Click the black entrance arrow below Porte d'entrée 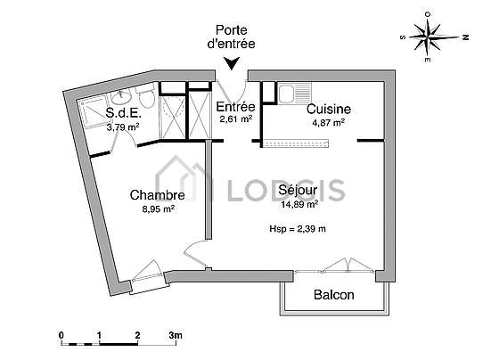click(x=232, y=63)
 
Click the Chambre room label click(x=157, y=195)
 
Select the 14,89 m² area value click(x=299, y=204)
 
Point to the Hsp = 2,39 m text click(x=298, y=229)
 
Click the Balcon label click(x=334, y=295)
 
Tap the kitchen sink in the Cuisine click(x=294, y=93)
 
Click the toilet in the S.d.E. click(x=146, y=95)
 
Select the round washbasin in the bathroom click(x=121, y=95)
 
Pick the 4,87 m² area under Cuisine click(x=329, y=123)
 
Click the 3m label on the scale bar click(x=176, y=335)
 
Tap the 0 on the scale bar click(x=61, y=335)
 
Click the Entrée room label click(x=235, y=107)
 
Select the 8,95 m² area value click(x=158, y=209)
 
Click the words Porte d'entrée click(x=232, y=37)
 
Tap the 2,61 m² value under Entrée click(x=236, y=119)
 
